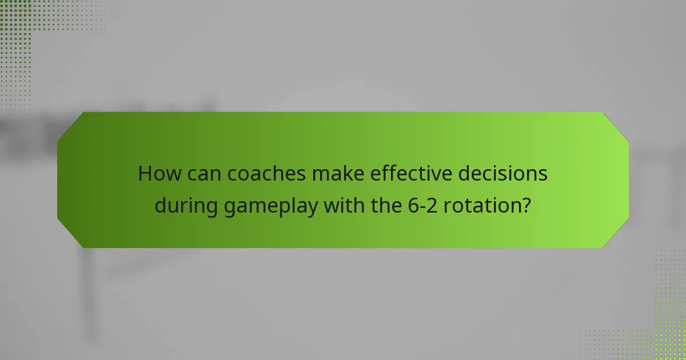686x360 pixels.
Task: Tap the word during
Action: tap(186, 206)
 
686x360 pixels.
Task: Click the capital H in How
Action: tap(146, 174)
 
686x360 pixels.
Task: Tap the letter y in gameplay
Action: tap(312, 209)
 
